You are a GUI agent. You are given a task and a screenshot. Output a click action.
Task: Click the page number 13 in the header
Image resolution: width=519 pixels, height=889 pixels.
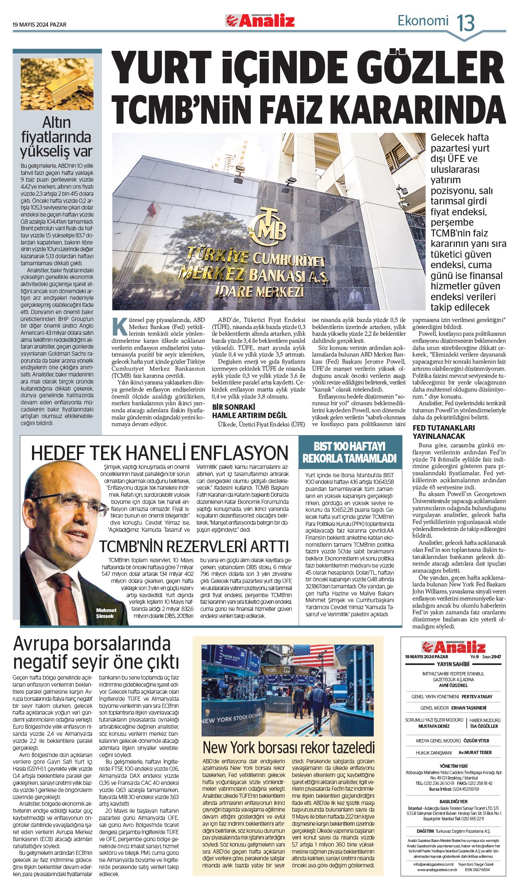(x=466, y=23)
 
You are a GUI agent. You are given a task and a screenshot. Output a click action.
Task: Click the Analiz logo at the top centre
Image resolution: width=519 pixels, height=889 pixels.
(x=260, y=20)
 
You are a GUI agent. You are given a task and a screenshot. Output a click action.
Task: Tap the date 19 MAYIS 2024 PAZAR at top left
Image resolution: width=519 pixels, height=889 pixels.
(x=40, y=25)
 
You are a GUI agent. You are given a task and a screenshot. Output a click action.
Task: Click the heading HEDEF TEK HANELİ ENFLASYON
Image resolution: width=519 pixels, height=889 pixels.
(x=159, y=453)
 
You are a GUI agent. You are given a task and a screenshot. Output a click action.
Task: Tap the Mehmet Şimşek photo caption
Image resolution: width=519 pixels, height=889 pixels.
(x=106, y=613)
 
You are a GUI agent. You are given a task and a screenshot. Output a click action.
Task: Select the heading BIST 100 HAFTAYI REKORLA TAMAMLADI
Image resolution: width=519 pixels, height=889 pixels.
(x=350, y=453)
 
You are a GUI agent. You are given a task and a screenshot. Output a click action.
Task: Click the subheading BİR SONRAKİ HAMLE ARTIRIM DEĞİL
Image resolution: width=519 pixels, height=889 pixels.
(x=249, y=411)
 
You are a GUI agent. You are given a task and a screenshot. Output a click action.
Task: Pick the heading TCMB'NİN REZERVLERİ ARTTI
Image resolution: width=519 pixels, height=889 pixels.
(x=194, y=546)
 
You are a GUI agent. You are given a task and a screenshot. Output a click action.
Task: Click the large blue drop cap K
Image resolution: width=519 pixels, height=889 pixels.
(x=120, y=327)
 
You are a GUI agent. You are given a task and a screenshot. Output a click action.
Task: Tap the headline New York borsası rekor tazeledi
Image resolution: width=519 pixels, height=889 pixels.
(x=288, y=748)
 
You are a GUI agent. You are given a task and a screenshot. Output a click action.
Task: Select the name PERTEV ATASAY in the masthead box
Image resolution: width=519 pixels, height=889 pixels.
(x=477, y=697)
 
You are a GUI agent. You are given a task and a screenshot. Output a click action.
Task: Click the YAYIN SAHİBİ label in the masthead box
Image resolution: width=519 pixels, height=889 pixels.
(x=453, y=664)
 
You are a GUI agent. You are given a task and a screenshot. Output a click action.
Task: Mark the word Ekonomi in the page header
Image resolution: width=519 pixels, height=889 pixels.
(x=423, y=20)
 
